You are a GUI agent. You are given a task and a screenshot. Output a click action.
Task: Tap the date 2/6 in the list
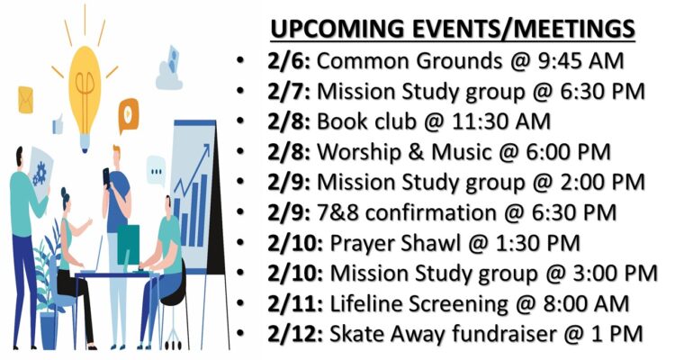tap(288, 61)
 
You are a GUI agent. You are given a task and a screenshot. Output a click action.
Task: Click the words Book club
tap(366, 121)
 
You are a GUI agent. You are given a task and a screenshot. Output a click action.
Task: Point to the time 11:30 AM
tap(500, 121)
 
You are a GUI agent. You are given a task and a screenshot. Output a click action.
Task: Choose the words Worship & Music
tap(404, 152)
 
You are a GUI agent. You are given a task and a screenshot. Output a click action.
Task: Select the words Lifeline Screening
tap(418, 304)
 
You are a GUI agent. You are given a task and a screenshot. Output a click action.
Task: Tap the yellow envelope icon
tap(25, 100)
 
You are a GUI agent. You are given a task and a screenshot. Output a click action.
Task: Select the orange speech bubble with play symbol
tap(129, 114)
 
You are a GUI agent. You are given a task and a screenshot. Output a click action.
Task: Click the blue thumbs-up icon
tap(58, 124)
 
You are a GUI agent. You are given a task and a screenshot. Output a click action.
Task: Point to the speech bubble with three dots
tap(156, 171)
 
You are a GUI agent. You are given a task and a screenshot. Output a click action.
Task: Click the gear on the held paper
tap(40, 173)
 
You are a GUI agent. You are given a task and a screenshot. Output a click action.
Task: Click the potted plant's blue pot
tap(49, 330)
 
